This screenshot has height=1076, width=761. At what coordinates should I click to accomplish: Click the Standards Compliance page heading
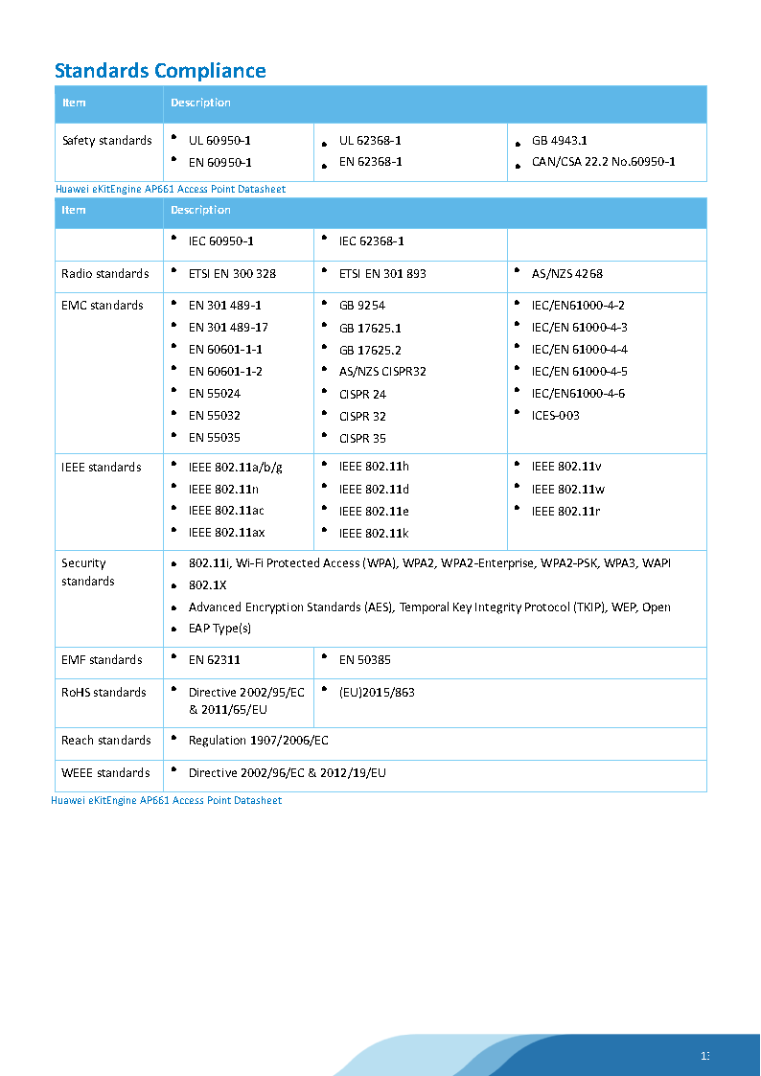pos(160,71)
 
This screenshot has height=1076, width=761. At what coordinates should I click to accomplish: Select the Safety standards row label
pos(106,141)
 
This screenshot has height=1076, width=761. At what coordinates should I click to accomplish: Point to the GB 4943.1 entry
pos(560,141)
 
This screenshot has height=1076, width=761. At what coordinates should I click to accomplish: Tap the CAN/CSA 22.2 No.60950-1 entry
pos(603,162)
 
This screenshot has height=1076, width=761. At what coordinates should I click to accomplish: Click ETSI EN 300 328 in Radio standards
pos(232,274)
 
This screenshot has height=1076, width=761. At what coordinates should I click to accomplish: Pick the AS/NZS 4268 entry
pos(567,274)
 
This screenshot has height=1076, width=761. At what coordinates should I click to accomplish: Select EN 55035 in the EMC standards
pos(215,438)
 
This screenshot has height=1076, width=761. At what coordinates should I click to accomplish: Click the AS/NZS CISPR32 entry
pos(382,372)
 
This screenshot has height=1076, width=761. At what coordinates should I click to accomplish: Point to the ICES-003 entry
pos(556,416)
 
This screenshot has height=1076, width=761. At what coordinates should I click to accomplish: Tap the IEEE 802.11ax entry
pos(226,533)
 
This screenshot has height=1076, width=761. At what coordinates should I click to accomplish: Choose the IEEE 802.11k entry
pos(374,533)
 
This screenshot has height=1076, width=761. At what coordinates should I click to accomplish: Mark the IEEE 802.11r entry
pos(566,512)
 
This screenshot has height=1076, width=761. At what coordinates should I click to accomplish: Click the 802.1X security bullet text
pos(207,584)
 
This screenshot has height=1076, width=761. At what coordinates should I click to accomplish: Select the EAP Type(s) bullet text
pos(219,629)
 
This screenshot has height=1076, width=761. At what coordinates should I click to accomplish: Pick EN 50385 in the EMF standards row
pos(365,660)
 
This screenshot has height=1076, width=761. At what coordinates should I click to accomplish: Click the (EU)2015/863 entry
pos(377,693)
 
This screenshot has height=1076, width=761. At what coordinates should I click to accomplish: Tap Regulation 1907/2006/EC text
pos(259,741)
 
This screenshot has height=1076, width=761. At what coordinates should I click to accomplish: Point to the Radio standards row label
pos(105,274)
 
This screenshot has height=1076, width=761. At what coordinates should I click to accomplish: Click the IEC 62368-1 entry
pos(372,241)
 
